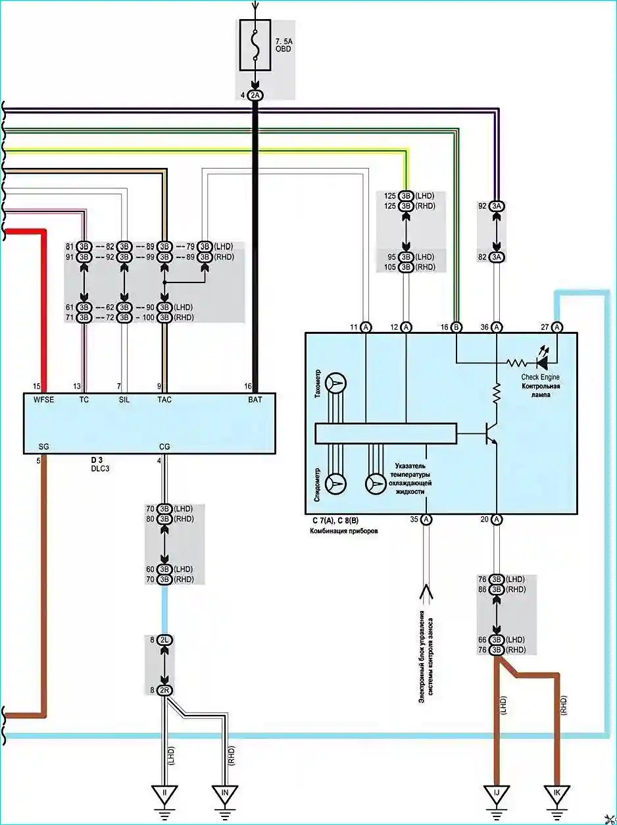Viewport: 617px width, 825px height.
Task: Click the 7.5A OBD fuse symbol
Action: coord(255,45)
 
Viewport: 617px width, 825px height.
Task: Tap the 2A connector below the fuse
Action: coord(255,95)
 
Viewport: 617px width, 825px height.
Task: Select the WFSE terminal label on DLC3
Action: coord(44,400)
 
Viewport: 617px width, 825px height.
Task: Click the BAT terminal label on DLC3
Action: coord(255,400)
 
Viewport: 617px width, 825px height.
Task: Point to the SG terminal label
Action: coord(44,446)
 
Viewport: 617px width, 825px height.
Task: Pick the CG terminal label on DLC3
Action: coord(164,446)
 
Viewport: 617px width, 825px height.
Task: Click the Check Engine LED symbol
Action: coord(543,360)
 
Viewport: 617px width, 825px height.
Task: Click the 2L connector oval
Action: coord(164,640)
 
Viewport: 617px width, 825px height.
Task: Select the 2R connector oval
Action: coord(164,691)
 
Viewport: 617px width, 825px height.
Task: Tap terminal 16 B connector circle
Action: coord(457,327)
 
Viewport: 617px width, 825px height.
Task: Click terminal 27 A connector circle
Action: coord(557,327)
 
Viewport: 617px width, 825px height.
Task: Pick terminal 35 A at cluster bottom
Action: coord(426,519)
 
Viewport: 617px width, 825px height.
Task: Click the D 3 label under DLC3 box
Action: coord(97,460)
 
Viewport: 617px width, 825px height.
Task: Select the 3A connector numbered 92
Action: coord(497,206)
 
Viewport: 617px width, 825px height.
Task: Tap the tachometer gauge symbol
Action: coord(335,383)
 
